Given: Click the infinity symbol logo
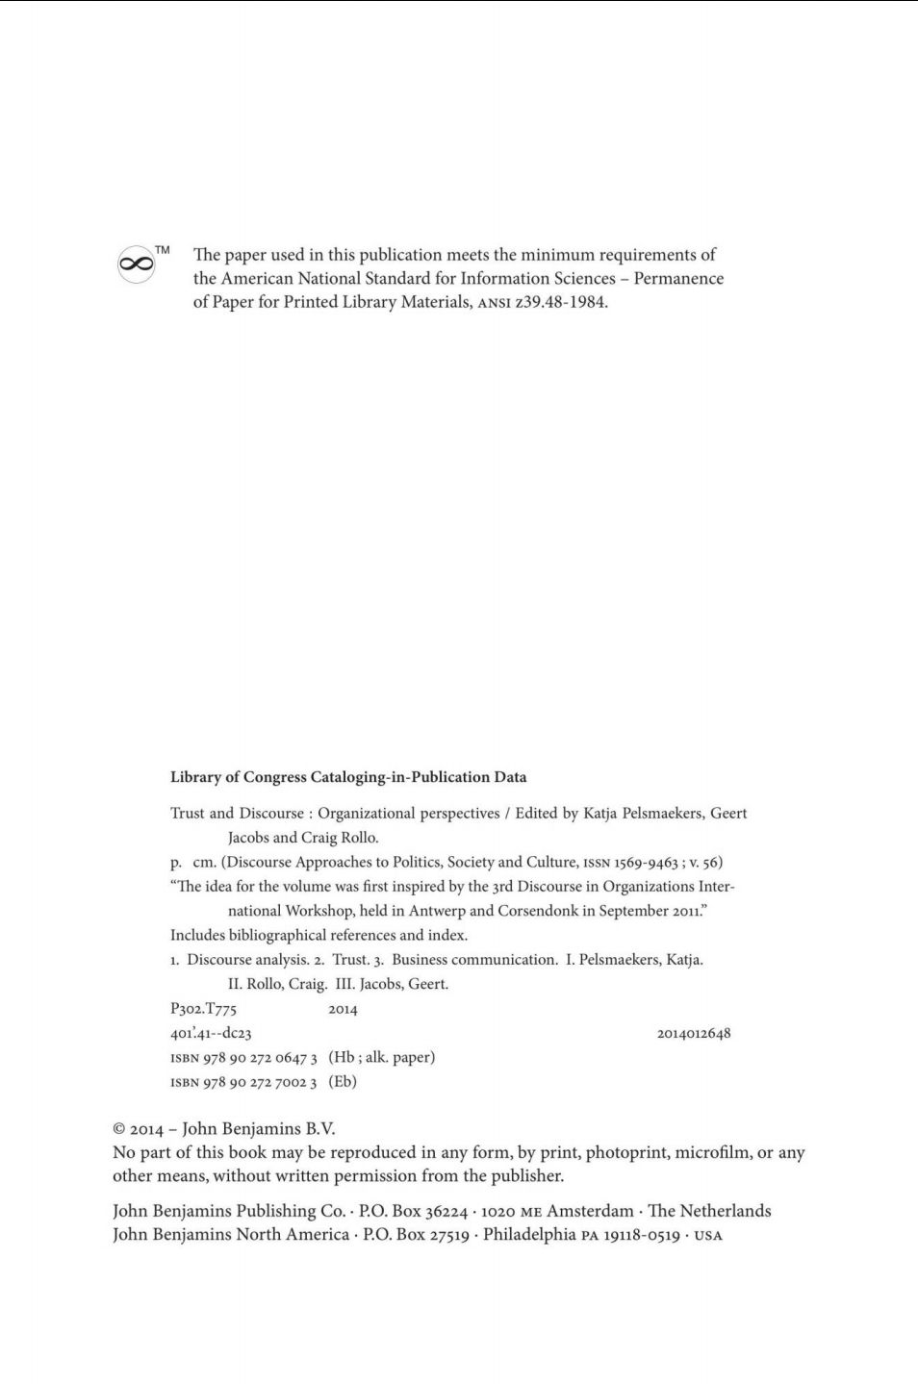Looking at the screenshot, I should (x=137, y=264).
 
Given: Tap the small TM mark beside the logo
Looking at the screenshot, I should (x=163, y=250).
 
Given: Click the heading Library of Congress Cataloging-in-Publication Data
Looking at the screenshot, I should (x=348, y=777).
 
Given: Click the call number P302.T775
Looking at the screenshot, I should (x=203, y=1009).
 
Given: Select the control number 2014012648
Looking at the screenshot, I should (x=694, y=1034).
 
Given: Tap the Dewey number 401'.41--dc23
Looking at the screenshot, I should (x=211, y=1034).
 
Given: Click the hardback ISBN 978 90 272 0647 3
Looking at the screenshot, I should (x=260, y=1058).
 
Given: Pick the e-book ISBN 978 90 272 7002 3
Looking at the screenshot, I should (x=260, y=1082).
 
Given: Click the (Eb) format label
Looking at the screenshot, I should (x=343, y=1082).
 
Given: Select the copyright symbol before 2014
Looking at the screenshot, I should (x=119, y=1130).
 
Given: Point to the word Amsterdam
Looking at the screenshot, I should (x=590, y=1212).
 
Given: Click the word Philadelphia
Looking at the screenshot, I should (x=528, y=1235).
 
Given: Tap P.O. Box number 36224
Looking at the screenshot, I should (x=446, y=1212).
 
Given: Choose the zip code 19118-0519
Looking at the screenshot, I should (x=642, y=1235).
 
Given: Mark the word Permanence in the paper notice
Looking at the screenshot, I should (x=678, y=279).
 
